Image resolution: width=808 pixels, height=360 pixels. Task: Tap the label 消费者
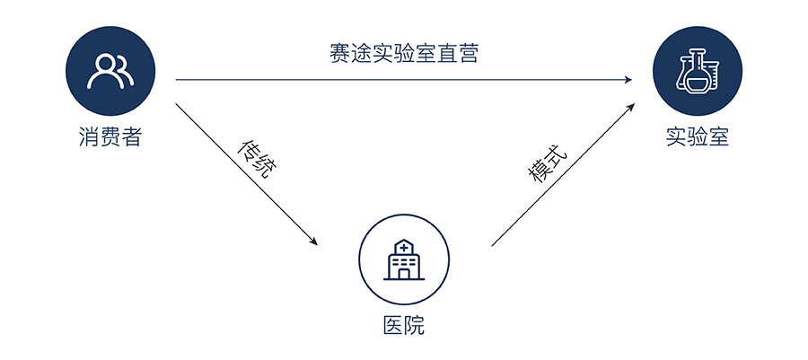(110, 137)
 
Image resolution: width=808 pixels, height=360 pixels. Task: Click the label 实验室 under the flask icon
(698, 137)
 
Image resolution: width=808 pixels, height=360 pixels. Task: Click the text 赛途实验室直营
(403, 54)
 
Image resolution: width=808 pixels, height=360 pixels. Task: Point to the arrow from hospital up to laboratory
(561, 175)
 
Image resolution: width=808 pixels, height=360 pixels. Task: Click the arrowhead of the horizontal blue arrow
(628, 80)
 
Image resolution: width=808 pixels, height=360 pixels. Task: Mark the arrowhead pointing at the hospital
(313, 241)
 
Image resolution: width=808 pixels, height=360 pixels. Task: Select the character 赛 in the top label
(338, 54)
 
